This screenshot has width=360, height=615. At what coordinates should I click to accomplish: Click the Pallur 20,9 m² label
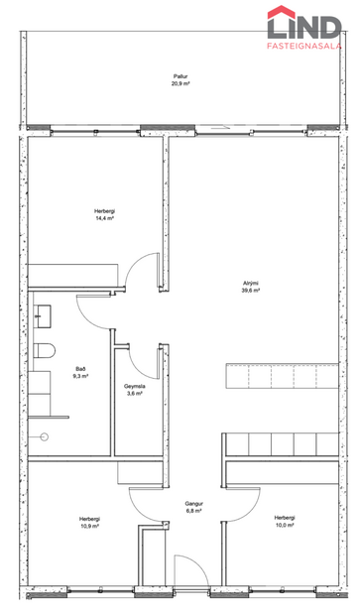[180, 80]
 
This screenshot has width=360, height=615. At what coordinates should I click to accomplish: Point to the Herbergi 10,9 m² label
[89, 522]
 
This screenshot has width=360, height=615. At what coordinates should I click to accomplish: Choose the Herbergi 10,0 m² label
[285, 522]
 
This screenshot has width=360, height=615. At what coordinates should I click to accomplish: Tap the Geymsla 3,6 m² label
[134, 390]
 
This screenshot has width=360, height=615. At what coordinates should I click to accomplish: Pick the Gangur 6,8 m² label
[193, 508]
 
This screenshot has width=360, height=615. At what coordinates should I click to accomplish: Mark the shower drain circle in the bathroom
[43, 436]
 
